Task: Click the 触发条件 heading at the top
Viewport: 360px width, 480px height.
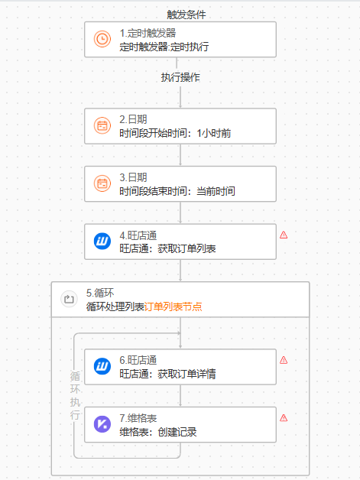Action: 186,15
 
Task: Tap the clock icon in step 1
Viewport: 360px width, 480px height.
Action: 102,39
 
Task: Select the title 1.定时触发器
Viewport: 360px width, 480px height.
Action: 148,33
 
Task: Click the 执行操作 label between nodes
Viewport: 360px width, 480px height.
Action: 180,77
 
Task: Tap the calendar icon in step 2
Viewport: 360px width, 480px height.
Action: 102,125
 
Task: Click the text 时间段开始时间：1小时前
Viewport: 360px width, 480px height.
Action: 175,133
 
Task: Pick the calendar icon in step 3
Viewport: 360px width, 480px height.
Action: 102,183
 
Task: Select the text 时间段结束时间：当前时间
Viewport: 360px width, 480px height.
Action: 177,191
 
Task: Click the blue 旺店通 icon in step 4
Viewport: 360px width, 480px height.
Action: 102,242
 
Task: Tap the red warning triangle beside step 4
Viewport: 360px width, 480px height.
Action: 284,235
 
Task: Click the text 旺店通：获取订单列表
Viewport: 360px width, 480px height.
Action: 167,248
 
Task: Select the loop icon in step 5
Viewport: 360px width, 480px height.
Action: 69,299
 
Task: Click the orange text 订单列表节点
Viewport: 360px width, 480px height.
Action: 173,306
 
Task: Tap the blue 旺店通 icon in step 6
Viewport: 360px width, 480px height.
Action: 102,366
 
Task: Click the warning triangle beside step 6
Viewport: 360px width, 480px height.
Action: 284,360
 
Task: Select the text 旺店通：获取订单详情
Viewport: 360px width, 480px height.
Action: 167,374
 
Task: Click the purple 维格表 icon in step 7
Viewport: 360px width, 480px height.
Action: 102,424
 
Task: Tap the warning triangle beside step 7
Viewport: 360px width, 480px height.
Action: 284,418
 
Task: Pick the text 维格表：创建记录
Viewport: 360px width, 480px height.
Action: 158,432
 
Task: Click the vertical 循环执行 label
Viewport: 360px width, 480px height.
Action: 75,395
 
